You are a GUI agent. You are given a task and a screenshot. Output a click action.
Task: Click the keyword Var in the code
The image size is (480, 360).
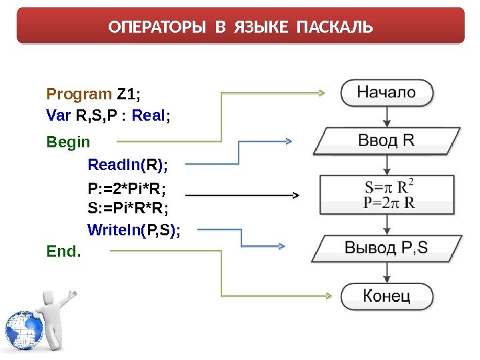point(59,115)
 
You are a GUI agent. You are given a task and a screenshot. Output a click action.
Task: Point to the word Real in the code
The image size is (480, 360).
point(149,115)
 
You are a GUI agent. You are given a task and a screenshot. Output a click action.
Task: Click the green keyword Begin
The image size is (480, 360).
point(68,142)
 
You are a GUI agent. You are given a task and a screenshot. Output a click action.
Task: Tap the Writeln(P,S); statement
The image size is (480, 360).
point(134,230)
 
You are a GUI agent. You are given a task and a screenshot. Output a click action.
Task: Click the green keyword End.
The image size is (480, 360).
point(63,251)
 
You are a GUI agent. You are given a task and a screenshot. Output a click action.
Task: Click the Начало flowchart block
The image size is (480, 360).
point(387,93)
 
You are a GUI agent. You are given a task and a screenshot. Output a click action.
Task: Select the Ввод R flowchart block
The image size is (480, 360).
point(387,141)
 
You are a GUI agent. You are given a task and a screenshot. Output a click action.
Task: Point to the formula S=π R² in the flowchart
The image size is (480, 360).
point(389,185)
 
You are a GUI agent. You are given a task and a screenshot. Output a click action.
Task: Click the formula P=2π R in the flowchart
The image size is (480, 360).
point(389,202)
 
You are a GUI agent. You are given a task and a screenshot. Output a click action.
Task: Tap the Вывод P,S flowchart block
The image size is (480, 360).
point(387,249)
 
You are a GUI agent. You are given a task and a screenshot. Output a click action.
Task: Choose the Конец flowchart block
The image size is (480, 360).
point(387,295)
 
